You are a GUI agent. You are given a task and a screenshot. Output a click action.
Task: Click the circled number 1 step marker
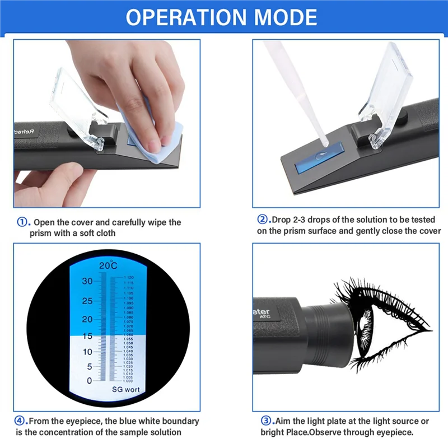tap(22, 222)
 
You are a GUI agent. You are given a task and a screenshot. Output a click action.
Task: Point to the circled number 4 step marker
tap(21, 421)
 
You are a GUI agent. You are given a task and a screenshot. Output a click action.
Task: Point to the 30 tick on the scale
tap(87, 282)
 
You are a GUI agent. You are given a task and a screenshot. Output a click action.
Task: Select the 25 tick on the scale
tap(87, 301)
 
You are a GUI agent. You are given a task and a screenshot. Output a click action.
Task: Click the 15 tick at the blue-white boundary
tap(87, 336)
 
